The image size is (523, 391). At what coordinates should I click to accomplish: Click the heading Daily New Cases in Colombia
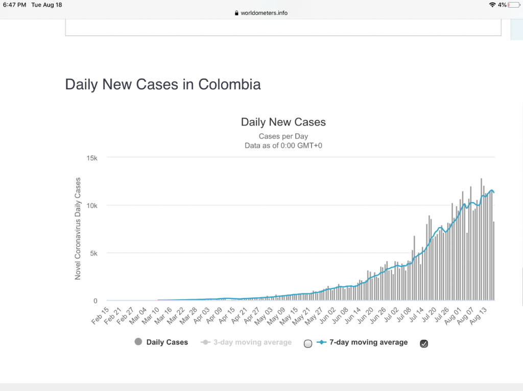[x=162, y=84]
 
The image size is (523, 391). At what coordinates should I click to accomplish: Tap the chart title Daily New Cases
[x=283, y=122]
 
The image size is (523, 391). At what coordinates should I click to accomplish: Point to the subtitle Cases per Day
[x=283, y=136]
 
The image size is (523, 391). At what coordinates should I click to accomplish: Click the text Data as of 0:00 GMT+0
[x=283, y=145]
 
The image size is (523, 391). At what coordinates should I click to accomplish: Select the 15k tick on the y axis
[x=92, y=158]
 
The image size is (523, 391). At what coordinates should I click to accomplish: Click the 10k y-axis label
[x=92, y=205]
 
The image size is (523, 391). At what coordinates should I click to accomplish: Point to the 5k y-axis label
[x=94, y=253]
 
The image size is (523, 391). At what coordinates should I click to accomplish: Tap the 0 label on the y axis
[x=96, y=301]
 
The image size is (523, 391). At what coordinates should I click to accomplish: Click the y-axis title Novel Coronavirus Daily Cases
[x=78, y=229]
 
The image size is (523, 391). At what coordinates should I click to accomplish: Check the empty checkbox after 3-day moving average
[x=307, y=344]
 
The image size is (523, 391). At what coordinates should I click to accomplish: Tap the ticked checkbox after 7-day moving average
[x=423, y=344]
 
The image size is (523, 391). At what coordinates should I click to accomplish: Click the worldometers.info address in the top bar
[x=264, y=13]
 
